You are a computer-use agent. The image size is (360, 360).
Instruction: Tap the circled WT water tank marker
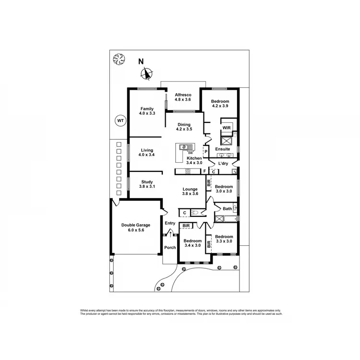pos(120,121)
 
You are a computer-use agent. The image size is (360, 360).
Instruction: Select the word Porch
pos(170,248)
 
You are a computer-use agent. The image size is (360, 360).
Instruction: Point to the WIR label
pos(227,128)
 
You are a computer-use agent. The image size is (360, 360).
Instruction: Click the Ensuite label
pos(222,149)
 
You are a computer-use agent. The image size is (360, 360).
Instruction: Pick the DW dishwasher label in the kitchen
pos(190,154)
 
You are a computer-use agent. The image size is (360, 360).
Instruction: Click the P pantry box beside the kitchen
pos(205,152)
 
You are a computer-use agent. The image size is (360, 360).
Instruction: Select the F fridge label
pos(204,171)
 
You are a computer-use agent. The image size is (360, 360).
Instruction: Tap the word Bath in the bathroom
pos(227,209)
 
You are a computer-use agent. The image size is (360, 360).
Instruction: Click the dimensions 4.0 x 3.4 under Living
pos(147,156)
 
